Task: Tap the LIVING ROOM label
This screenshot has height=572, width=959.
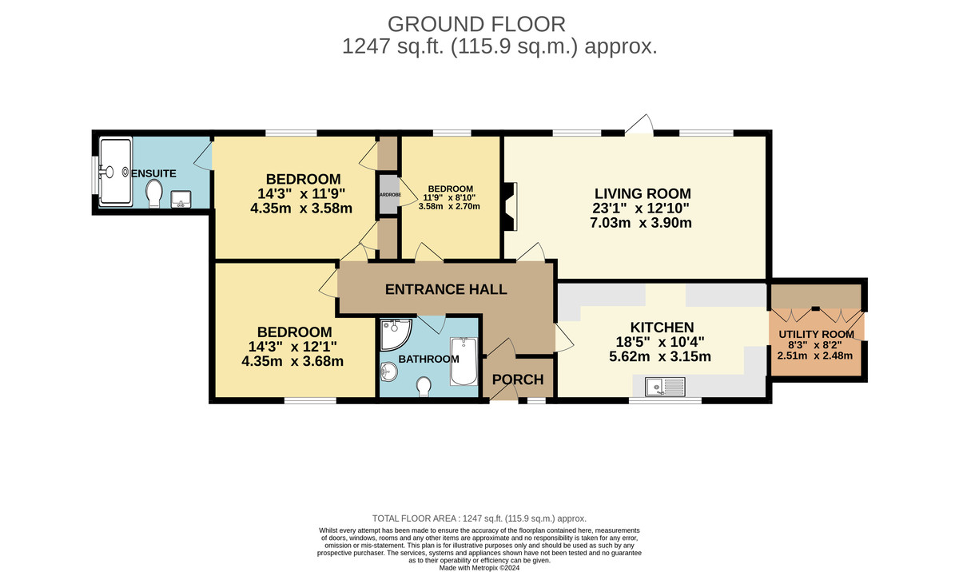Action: [642, 193]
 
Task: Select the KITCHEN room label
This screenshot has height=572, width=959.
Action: [662, 327]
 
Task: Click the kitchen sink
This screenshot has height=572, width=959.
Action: [664, 387]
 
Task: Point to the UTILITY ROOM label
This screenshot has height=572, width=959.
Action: [815, 335]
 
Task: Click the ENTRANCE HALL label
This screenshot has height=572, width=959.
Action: [446, 289]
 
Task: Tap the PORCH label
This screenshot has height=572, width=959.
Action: [517, 379]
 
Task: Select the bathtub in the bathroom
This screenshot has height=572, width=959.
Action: [463, 360]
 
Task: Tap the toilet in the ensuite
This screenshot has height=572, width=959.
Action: [154, 192]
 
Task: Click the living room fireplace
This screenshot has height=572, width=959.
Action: [508, 205]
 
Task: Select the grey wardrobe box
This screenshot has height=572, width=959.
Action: [388, 198]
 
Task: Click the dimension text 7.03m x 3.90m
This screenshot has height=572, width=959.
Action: [642, 223]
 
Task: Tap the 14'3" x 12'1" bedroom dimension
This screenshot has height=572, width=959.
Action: [294, 347]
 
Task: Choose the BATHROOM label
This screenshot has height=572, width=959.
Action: [428, 359]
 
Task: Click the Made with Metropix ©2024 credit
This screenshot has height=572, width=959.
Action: [479, 567]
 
